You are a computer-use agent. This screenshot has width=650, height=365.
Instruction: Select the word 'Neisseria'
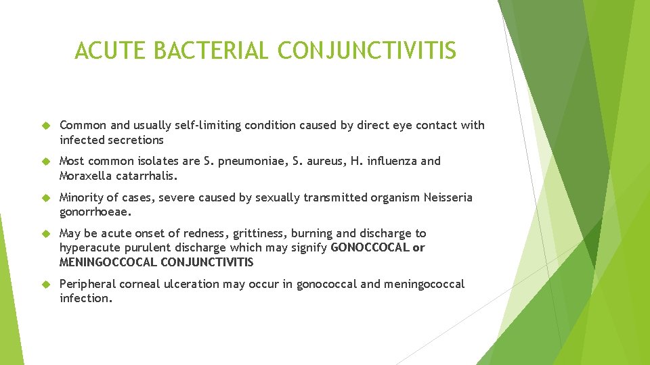point(448,197)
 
